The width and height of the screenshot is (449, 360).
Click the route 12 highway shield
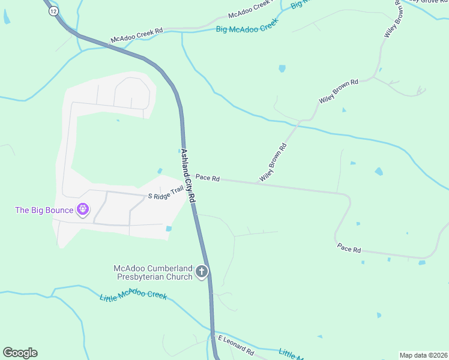point(53,12)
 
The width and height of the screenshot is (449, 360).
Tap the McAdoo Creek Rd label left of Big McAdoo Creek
point(136,35)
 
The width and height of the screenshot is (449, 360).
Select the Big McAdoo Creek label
point(247,25)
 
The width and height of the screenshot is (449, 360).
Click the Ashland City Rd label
point(188,175)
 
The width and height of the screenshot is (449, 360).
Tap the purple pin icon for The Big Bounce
point(83,209)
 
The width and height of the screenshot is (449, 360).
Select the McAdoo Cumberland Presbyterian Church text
point(152,272)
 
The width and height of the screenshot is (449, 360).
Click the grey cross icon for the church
point(202,272)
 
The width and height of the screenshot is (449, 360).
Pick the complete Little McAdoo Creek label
point(133,296)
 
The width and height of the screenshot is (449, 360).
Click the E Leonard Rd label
point(236,344)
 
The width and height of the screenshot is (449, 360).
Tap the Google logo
point(20,353)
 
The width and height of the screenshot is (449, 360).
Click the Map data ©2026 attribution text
point(423,355)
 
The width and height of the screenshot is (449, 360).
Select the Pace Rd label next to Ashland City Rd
point(208,178)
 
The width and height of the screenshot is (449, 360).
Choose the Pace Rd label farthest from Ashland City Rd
point(349,248)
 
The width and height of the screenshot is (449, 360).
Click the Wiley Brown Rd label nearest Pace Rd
point(273,163)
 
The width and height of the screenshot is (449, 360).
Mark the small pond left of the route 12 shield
point(7,19)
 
